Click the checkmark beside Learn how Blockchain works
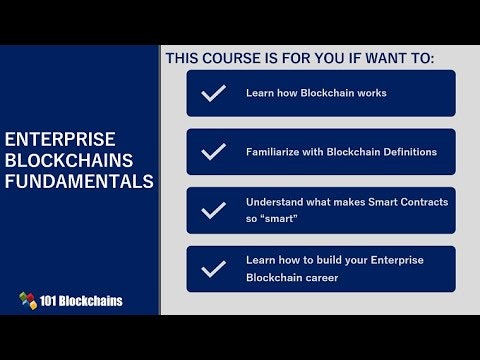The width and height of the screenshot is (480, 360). (x=213, y=93)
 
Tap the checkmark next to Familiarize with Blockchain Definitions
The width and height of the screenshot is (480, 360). (x=213, y=152)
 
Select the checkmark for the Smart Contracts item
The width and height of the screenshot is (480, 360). (x=213, y=211)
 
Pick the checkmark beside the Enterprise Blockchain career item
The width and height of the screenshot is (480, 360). (x=213, y=269)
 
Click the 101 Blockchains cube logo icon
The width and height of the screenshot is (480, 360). (x=29, y=300)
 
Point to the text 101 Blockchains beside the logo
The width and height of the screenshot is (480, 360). (x=83, y=300)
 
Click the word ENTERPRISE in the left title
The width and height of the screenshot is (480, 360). (x=60, y=138)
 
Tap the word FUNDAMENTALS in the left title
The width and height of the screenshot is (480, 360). (x=79, y=182)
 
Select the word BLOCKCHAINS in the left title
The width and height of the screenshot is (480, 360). (x=68, y=160)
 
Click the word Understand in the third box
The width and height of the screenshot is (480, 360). (x=275, y=202)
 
